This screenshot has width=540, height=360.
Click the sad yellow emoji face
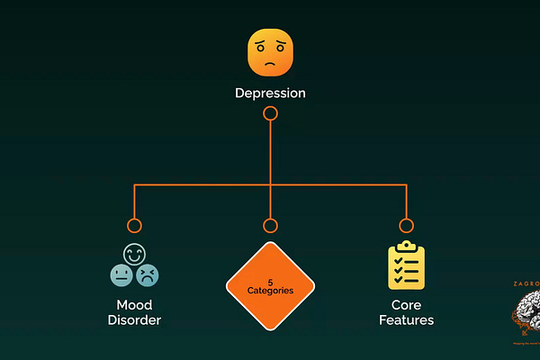click(x=270, y=53)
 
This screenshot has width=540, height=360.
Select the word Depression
click(x=270, y=93)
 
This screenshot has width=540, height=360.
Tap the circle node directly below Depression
click(x=270, y=113)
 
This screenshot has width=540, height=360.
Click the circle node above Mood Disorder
click(x=134, y=226)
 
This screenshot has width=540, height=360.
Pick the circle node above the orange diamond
click(x=270, y=226)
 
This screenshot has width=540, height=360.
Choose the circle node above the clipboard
click(x=406, y=226)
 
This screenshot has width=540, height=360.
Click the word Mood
click(x=134, y=304)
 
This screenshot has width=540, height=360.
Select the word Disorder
click(x=134, y=319)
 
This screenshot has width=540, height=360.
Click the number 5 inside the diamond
click(x=270, y=282)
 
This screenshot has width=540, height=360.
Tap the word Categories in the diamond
click(x=270, y=291)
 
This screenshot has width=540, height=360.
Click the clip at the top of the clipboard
click(x=406, y=246)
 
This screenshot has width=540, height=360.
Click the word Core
click(x=406, y=304)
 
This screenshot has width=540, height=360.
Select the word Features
click(x=406, y=319)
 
